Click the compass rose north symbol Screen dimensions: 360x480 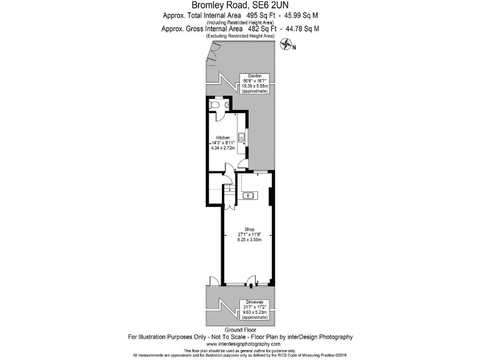tap(287, 44)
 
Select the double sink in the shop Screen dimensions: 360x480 tap(247, 196)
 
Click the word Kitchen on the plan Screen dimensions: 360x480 tap(223, 137)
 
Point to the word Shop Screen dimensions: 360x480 tap(249, 228)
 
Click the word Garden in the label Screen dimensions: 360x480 tap(254, 76)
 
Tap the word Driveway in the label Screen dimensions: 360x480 tap(255, 302)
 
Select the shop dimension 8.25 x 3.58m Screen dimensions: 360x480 tap(249, 239)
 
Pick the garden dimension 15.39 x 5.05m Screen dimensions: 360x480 tap(254, 87)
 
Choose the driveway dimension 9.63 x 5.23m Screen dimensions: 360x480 tap(255, 313)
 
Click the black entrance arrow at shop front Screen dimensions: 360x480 tap(251, 286)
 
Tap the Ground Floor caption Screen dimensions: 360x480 tap(240, 329)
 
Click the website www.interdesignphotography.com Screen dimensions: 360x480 tap(240, 344)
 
